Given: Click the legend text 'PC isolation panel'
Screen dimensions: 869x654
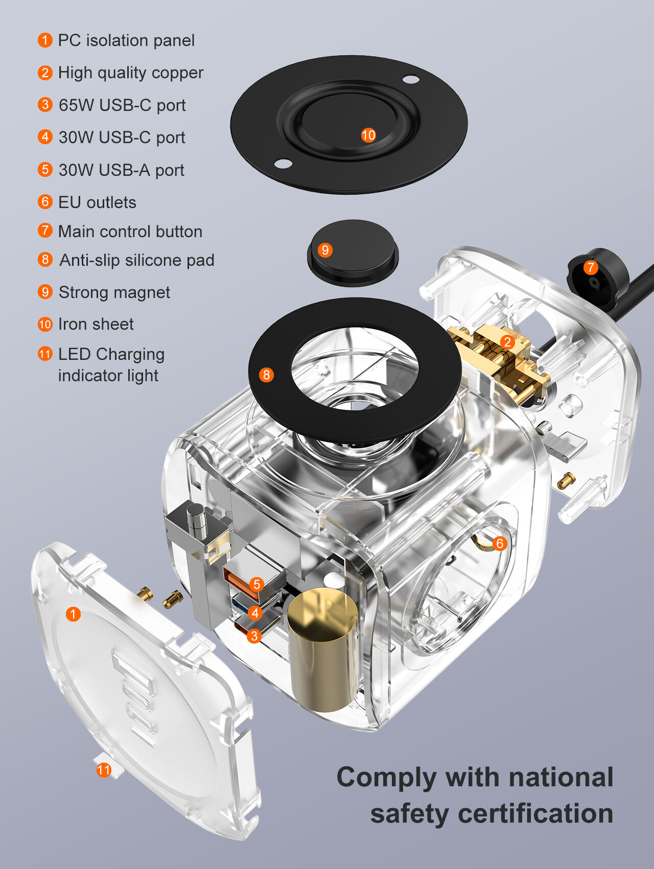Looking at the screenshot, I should coord(126,40).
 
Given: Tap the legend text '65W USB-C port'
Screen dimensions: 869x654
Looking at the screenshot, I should coord(122,105).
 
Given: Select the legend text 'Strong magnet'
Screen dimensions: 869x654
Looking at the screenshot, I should coord(114,292).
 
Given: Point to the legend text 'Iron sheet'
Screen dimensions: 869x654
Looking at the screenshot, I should coord(96,324).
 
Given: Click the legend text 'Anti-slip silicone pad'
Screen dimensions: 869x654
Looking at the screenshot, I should coord(136,260).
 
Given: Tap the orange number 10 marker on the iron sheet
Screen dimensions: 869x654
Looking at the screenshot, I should coord(368,135).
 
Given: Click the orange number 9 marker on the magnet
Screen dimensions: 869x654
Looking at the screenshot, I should coord(325,250).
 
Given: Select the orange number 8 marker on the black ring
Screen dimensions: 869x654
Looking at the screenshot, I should coord(266,375).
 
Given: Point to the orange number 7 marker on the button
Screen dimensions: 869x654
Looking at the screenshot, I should coord(591,267).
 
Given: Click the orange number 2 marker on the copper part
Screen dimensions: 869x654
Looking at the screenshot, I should coord(507,342).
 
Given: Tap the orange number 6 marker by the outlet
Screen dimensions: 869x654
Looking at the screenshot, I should coord(500,543).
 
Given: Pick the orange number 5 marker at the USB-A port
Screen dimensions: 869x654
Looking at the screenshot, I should coord(256,584).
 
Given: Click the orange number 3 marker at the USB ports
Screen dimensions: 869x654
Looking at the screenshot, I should coord(254,636).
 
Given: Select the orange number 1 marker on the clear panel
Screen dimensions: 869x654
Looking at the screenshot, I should coord(73,614).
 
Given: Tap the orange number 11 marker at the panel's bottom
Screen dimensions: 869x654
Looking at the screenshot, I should coord(104,770).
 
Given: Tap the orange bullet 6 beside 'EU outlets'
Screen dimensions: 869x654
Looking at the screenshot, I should coord(45,202).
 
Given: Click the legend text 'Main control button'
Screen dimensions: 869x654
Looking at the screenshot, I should coord(130,232).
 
